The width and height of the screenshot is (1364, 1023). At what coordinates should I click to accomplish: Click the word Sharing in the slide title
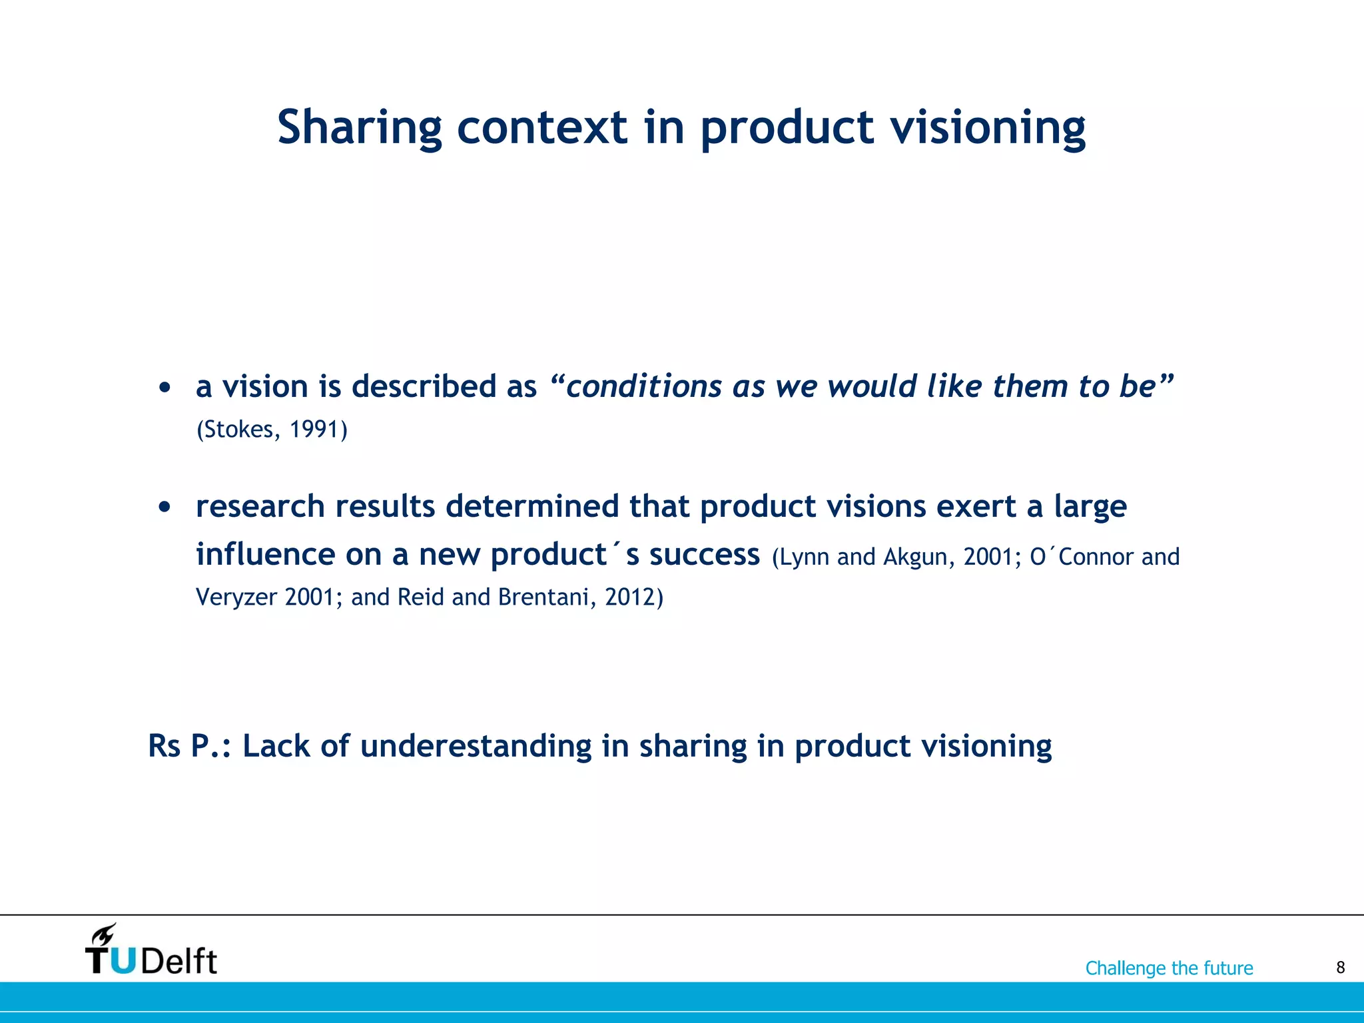pos(359,128)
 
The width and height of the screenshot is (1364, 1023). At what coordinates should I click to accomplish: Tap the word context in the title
pos(541,128)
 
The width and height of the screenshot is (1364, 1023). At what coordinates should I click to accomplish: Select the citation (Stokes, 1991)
pos(272,430)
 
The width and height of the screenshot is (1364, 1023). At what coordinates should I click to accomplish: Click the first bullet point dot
pos(165,387)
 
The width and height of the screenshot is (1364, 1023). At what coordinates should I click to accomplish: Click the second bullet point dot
pos(165,508)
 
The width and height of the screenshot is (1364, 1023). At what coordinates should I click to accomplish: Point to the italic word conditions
pos(643,386)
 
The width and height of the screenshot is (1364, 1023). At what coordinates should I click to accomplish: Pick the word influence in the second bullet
pos(265,554)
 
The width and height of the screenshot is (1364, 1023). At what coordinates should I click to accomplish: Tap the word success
pos(704,554)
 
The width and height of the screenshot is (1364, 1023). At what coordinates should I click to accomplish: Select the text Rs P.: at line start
pos(189,746)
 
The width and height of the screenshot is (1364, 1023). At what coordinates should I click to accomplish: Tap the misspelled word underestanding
pos(476,746)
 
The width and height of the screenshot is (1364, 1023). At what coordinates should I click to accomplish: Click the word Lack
pos(277,746)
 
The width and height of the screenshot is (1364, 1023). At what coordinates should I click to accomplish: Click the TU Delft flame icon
pos(104,934)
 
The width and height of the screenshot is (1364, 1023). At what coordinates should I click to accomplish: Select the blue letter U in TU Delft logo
pos(123,961)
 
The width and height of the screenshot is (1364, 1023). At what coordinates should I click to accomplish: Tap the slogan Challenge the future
pos(1169,968)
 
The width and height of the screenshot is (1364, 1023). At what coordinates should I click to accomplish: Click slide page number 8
pos(1340,968)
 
